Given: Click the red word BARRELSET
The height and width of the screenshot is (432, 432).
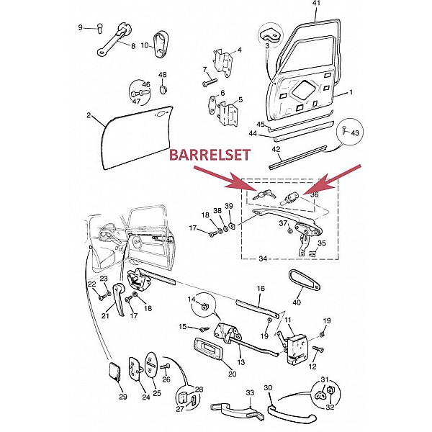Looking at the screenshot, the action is pyautogui.click(x=210, y=155).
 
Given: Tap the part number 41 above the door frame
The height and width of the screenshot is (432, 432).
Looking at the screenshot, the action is pyautogui.click(x=317, y=4).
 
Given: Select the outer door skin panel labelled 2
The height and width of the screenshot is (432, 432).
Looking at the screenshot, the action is pyautogui.click(x=137, y=138).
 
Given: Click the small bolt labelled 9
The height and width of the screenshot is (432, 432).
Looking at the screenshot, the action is pyautogui.click(x=99, y=29).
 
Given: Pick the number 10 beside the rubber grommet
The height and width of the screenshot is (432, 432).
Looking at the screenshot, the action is pyautogui.click(x=145, y=45).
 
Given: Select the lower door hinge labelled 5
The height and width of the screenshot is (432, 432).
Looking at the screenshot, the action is pyautogui.click(x=228, y=114).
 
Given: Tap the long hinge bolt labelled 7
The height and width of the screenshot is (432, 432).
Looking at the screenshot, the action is pyautogui.click(x=210, y=82).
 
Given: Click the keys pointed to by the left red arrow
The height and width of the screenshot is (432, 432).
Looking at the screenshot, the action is pyautogui.click(x=265, y=194).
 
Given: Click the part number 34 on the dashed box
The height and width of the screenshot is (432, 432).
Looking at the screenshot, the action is pyautogui.click(x=263, y=258).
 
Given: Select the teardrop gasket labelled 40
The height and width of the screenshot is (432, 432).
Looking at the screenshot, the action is pyautogui.click(x=305, y=281).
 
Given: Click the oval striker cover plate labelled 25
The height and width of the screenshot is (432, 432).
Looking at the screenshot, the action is pyautogui.click(x=150, y=364).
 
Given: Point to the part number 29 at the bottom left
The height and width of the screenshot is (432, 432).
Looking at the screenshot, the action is pyautogui.click(x=123, y=397).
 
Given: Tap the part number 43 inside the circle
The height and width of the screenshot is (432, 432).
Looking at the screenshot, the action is pyautogui.click(x=355, y=132).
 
